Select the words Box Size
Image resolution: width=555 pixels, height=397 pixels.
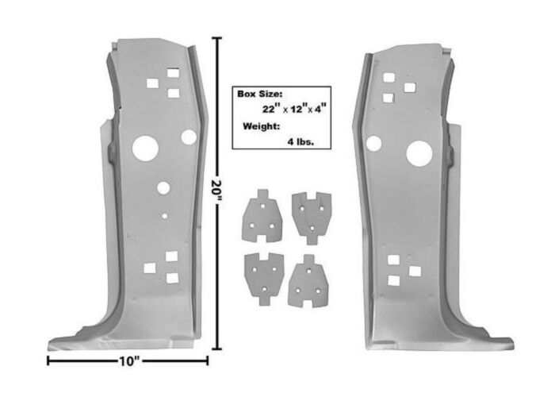258,93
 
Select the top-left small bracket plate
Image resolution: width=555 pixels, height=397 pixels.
259,216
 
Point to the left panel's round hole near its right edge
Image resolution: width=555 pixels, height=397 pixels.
189,137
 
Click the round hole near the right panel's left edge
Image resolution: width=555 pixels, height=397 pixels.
373,144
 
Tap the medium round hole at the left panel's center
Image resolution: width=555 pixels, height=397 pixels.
163,188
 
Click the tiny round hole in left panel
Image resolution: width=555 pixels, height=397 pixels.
163,214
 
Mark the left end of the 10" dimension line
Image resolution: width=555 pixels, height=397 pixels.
48,361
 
